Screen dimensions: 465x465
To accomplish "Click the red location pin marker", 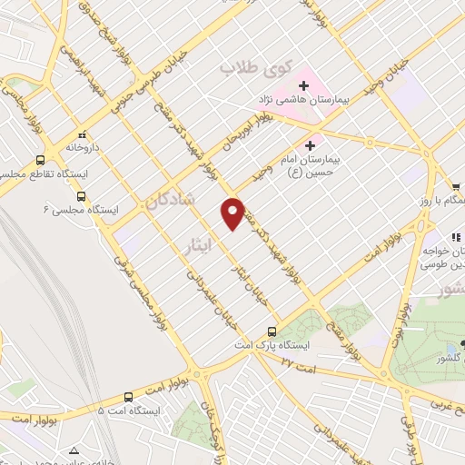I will click(233, 213).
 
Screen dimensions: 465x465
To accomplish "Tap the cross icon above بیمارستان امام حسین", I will click(312, 143).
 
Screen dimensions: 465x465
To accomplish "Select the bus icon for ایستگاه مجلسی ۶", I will click(81, 195).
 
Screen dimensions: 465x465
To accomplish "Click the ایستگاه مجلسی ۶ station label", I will click(81, 210).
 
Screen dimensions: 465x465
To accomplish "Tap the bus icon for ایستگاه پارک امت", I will click(272, 331).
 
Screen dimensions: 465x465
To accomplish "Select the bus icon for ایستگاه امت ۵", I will click(128, 397).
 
